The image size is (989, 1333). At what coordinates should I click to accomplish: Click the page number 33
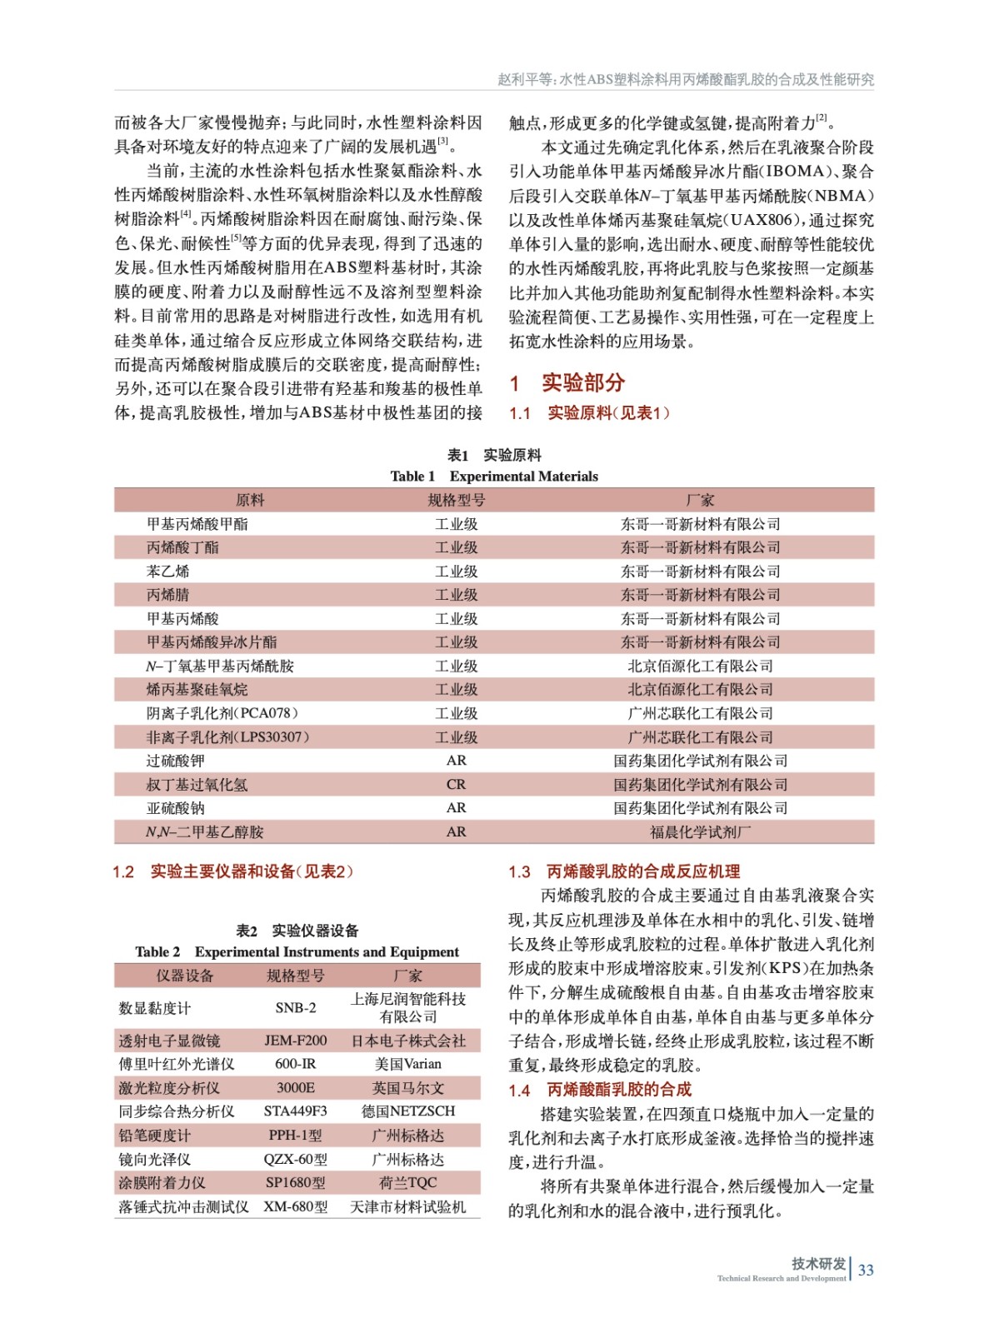click(866, 1270)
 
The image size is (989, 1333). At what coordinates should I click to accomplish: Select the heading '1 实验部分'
click(567, 382)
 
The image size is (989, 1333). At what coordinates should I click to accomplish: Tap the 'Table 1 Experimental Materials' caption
click(494, 477)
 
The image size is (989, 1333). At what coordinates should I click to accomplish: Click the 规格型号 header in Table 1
click(456, 500)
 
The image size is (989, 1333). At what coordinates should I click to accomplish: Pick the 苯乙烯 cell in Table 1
click(168, 572)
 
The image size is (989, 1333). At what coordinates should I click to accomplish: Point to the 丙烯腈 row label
click(168, 595)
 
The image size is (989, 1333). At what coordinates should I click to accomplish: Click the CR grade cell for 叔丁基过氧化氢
click(456, 785)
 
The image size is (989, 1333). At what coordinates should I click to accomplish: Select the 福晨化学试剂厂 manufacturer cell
click(700, 831)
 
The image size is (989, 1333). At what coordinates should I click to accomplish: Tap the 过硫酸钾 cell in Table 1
click(176, 761)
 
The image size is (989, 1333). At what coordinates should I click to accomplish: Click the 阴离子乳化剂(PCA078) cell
click(222, 713)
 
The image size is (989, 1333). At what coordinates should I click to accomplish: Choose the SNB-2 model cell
click(296, 1008)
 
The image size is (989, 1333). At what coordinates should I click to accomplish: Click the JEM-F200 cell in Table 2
click(296, 1041)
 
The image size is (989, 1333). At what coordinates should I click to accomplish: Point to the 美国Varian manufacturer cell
click(408, 1064)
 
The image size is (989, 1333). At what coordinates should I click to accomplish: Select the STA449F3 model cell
click(296, 1111)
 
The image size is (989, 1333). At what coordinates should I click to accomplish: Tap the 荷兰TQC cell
click(408, 1182)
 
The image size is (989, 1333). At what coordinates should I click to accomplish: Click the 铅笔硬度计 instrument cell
click(155, 1136)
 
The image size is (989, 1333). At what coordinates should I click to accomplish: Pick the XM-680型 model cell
click(296, 1206)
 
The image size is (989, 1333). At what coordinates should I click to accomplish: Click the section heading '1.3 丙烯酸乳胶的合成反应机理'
click(624, 871)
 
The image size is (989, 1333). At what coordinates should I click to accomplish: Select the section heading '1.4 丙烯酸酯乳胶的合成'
click(600, 1090)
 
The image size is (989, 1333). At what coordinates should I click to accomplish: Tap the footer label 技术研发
click(818, 1263)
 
